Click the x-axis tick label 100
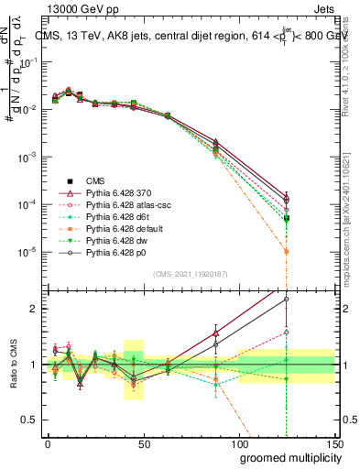tap(238, 444)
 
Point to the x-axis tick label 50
tap(143, 444)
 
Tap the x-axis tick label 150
tap(334, 444)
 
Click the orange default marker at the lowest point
tap(287, 251)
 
